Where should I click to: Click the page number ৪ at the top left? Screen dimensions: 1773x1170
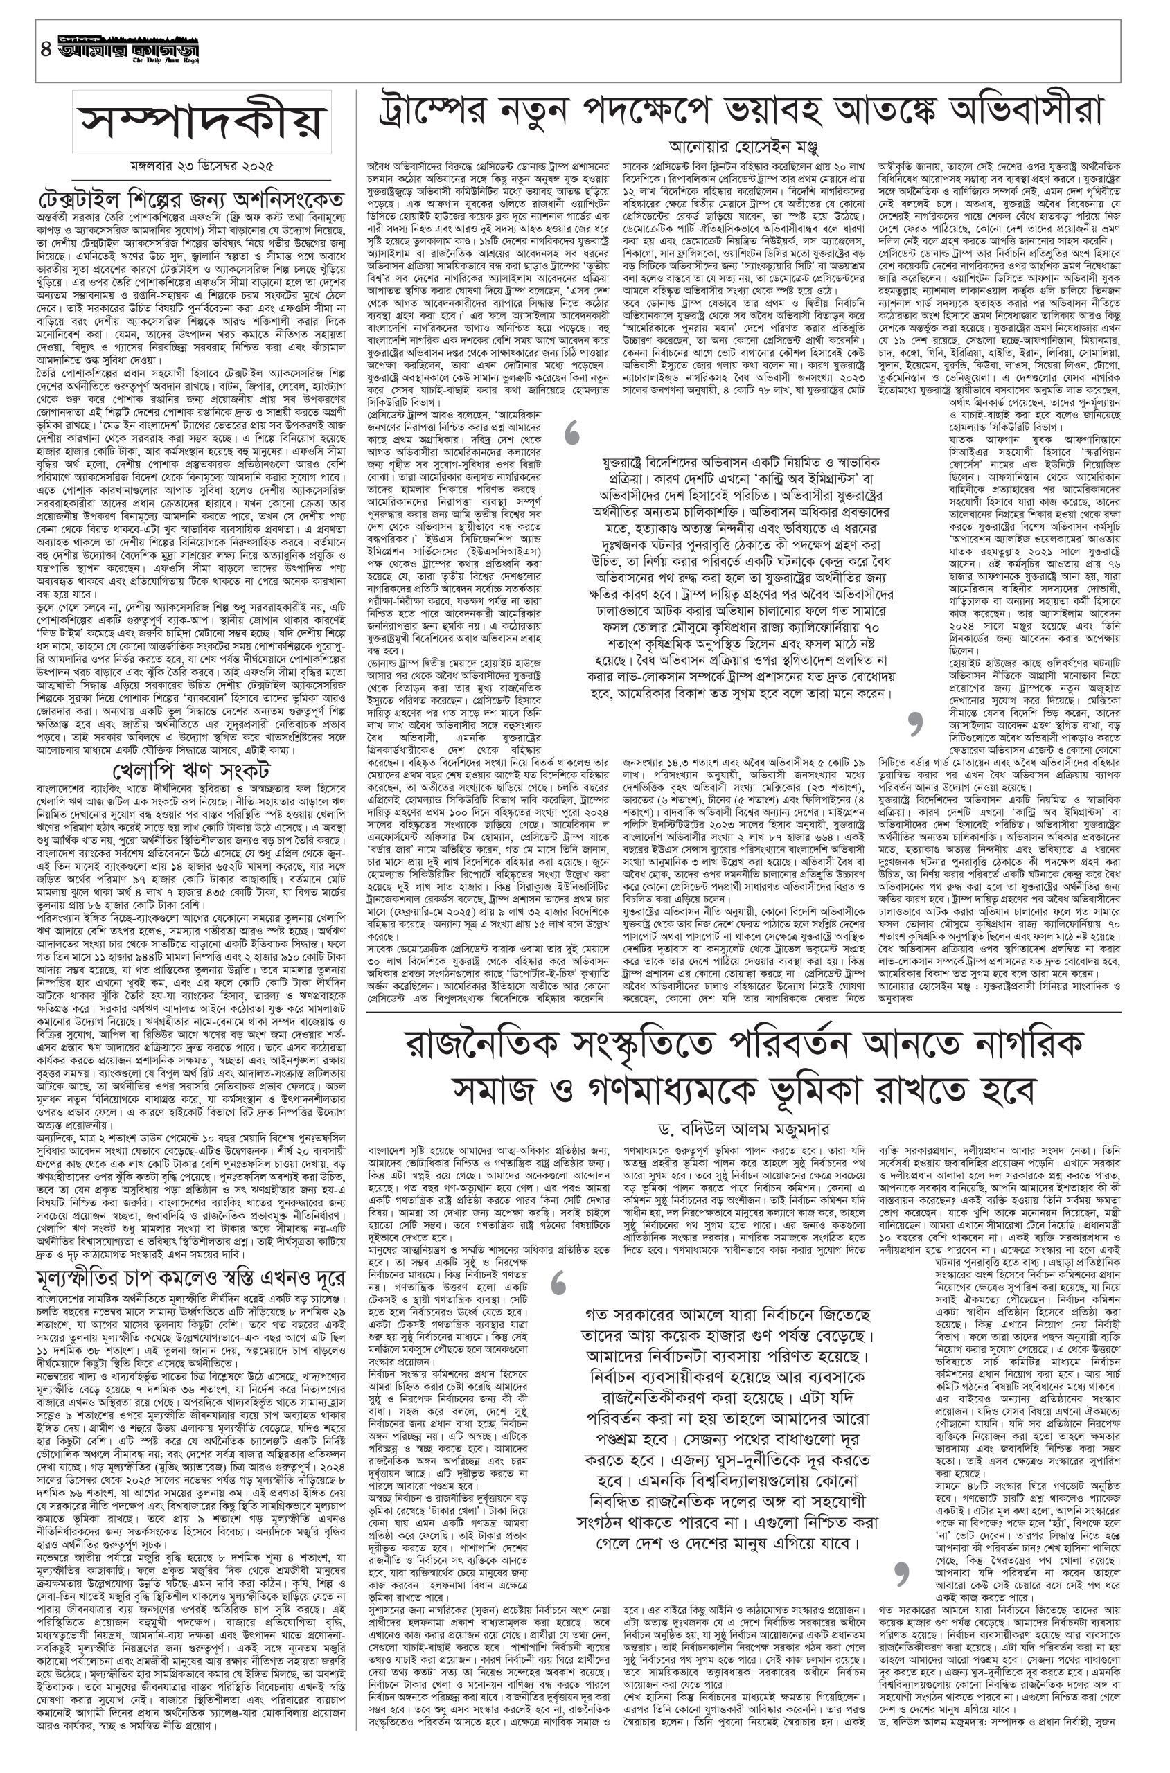point(46,51)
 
